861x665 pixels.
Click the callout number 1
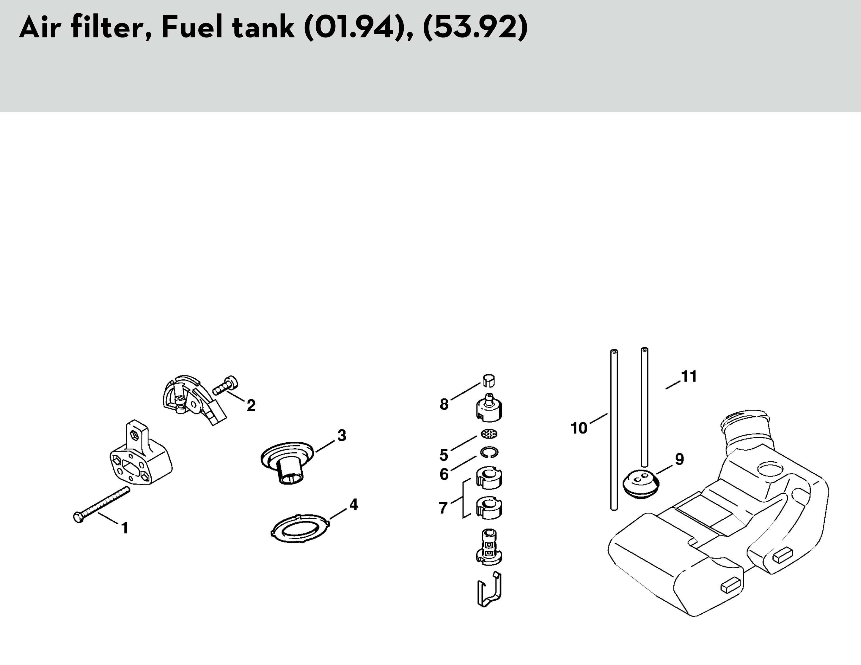[x=125, y=528]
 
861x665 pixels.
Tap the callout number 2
[x=251, y=405]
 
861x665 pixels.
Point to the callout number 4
[x=353, y=505]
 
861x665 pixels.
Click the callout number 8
[x=444, y=404]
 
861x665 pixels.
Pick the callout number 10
[x=579, y=428]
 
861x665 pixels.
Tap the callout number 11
[x=689, y=376]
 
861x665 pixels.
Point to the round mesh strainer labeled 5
[x=489, y=434]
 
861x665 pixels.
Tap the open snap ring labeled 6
[x=489, y=452]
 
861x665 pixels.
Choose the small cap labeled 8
[x=488, y=380]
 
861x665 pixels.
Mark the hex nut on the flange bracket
[x=134, y=435]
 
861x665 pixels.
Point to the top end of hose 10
[x=614, y=351]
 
